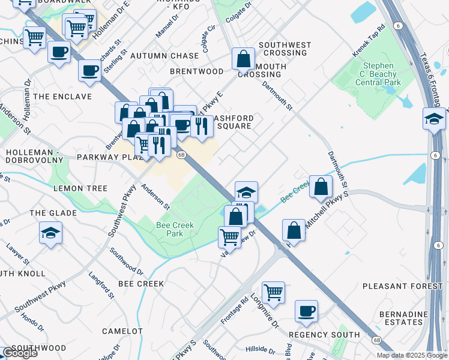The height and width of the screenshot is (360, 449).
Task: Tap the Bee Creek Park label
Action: point(169,229)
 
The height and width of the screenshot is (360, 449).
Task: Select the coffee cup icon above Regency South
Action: point(306,311)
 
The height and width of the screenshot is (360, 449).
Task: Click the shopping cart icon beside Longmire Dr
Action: point(273,292)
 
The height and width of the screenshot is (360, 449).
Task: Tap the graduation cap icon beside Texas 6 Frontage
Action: point(434,119)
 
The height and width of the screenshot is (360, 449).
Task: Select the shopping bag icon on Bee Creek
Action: point(321,186)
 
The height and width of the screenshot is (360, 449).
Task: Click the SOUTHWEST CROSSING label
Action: point(285,49)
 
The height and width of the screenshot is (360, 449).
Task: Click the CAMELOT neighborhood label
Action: point(122,331)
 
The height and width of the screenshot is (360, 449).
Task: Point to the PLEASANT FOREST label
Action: point(411,286)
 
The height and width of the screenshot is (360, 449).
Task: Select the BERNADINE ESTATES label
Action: point(403,318)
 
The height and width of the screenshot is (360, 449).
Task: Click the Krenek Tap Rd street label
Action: point(369,41)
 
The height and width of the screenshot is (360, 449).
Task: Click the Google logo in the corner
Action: point(19,353)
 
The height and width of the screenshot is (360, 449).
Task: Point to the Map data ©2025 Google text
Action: point(411,355)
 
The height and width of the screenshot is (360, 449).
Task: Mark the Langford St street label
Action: point(101,286)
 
